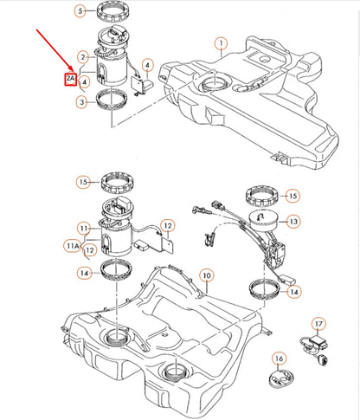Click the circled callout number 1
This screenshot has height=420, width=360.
[x=222, y=43]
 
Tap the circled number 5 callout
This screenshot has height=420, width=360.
[x=80, y=11]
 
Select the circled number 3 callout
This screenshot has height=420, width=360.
[x=82, y=102]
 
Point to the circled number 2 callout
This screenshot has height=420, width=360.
[x=83, y=57]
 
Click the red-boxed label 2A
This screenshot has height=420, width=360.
[x=70, y=79]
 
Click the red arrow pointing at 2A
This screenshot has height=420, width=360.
[x=55, y=49]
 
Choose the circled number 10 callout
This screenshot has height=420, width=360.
[x=207, y=275]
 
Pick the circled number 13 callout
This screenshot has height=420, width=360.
[x=293, y=222]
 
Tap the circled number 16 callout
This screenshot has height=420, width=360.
[x=279, y=359]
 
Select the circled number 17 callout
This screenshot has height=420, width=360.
[x=318, y=324]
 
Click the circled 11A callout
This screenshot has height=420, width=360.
[x=73, y=246]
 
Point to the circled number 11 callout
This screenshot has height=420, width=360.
[x=84, y=229]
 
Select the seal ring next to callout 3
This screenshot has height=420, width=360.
[x=111, y=100]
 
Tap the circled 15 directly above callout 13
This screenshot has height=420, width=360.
[x=292, y=196]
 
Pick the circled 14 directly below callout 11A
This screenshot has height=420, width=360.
[x=84, y=273]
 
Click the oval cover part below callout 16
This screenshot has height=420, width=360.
[x=281, y=379]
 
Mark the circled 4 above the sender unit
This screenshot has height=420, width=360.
[x=147, y=66]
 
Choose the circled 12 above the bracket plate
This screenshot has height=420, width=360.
[x=168, y=226]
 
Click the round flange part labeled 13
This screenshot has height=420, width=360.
[x=263, y=220]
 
